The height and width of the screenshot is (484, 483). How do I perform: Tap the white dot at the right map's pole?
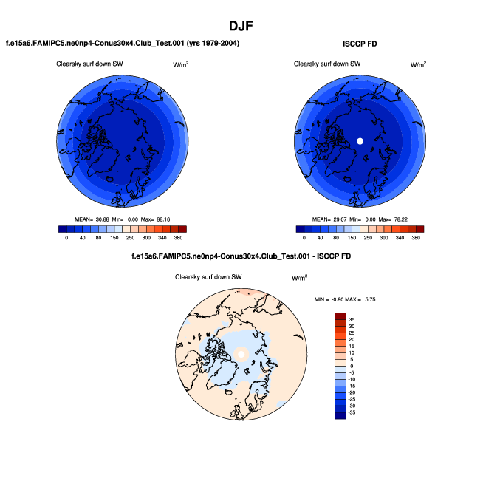pos(360,140)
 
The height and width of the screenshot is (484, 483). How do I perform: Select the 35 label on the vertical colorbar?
pos(352,318)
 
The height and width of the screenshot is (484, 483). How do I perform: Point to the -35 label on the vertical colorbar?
pos(352,413)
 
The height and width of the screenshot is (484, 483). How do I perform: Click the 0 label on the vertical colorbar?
pos(352,366)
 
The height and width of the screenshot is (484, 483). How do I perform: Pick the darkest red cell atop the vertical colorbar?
pos(340,316)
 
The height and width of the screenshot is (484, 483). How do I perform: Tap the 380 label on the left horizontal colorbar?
pos(178,238)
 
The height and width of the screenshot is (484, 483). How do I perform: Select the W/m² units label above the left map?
pos(180,65)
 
